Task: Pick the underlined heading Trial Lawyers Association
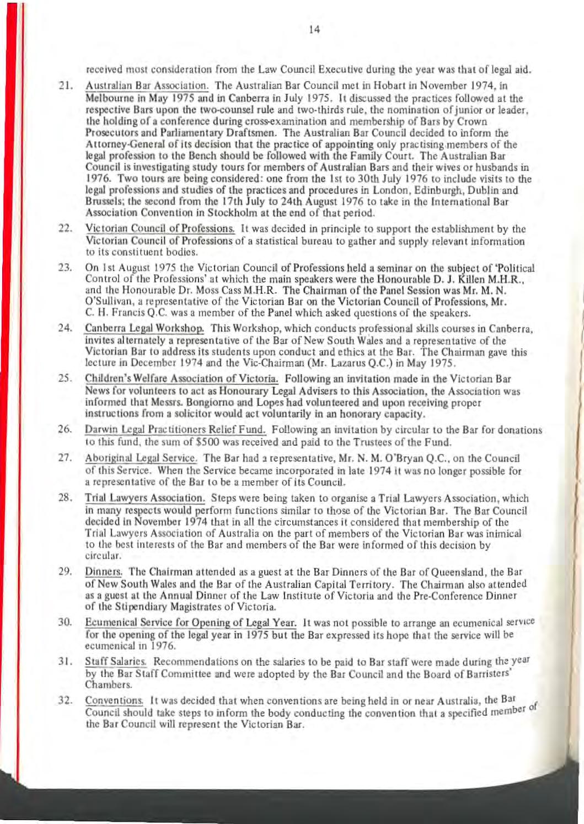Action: coord(146,498)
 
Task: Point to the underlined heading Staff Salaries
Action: coord(116,661)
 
